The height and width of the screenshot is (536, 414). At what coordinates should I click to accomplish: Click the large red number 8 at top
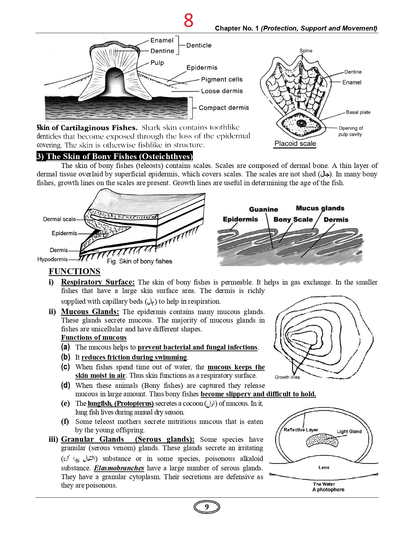click(x=188, y=20)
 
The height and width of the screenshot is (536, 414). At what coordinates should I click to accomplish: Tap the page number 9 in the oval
click(x=207, y=507)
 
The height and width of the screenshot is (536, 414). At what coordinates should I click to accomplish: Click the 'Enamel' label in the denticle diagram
click(x=162, y=40)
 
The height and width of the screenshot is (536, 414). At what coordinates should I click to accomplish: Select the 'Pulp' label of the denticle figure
click(x=157, y=63)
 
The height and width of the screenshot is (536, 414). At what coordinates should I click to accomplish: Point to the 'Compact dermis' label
click(x=224, y=108)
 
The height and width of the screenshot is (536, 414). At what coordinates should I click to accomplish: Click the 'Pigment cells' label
click(x=222, y=80)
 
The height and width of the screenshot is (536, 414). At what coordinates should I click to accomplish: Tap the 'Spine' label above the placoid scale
click(x=306, y=51)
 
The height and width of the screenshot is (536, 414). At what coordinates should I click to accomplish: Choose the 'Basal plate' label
click(x=358, y=112)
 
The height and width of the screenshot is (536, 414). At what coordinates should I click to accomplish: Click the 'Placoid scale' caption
click(x=295, y=144)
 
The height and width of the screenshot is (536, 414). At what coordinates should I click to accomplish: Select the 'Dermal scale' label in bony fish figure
click(x=59, y=219)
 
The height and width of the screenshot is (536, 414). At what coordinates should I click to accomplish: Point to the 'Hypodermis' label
click(x=53, y=259)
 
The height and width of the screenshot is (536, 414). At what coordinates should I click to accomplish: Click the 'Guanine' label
click(x=264, y=210)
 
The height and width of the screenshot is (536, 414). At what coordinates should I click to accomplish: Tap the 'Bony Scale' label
click(x=293, y=220)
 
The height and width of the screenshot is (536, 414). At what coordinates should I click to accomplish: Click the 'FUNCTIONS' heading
click(x=74, y=272)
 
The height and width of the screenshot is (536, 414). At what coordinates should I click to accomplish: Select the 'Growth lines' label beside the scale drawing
click(x=287, y=377)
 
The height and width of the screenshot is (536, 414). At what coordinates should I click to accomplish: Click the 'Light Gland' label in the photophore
click(x=349, y=431)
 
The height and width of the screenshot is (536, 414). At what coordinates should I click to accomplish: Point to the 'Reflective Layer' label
click(x=301, y=430)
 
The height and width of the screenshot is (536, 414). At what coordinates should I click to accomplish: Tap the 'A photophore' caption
click(x=328, y=490)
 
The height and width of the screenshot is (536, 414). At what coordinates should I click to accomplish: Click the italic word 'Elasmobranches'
click(x=119, y=468)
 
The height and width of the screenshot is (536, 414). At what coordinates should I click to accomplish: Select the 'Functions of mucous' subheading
click(x=94, y=338)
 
